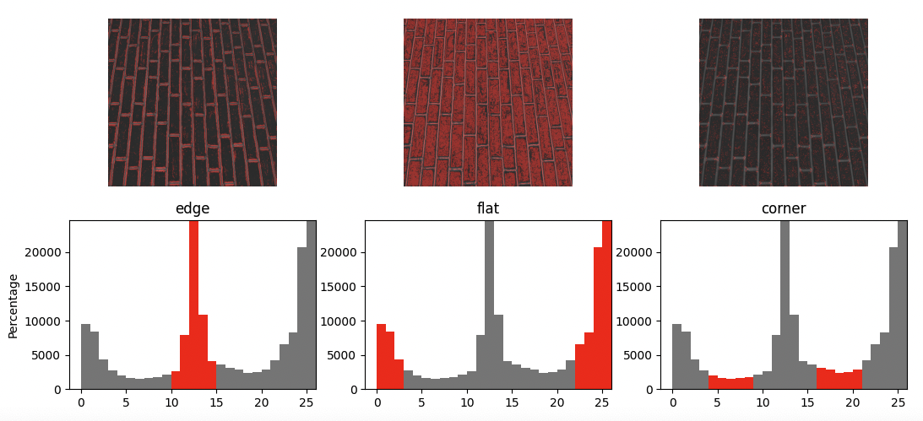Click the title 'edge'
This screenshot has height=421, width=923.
tap(193, 208)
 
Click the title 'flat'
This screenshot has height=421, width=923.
tap(488, 208)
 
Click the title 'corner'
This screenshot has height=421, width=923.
tap(784, 208)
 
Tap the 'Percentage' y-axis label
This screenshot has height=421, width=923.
tap(13, 305)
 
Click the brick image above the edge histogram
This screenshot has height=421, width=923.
tap(193, 102)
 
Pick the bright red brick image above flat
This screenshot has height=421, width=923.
tap(488, 102)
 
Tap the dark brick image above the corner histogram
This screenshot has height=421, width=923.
tap(784, 102)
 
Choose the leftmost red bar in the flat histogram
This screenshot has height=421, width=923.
tap(381, 357)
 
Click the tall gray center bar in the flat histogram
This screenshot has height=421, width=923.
tap(489, 304)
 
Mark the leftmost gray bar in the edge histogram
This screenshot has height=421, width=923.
tap(85, 357)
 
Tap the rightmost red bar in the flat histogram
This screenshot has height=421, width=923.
tap(607, 304)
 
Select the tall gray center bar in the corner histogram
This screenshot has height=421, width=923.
tap(785, 304)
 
